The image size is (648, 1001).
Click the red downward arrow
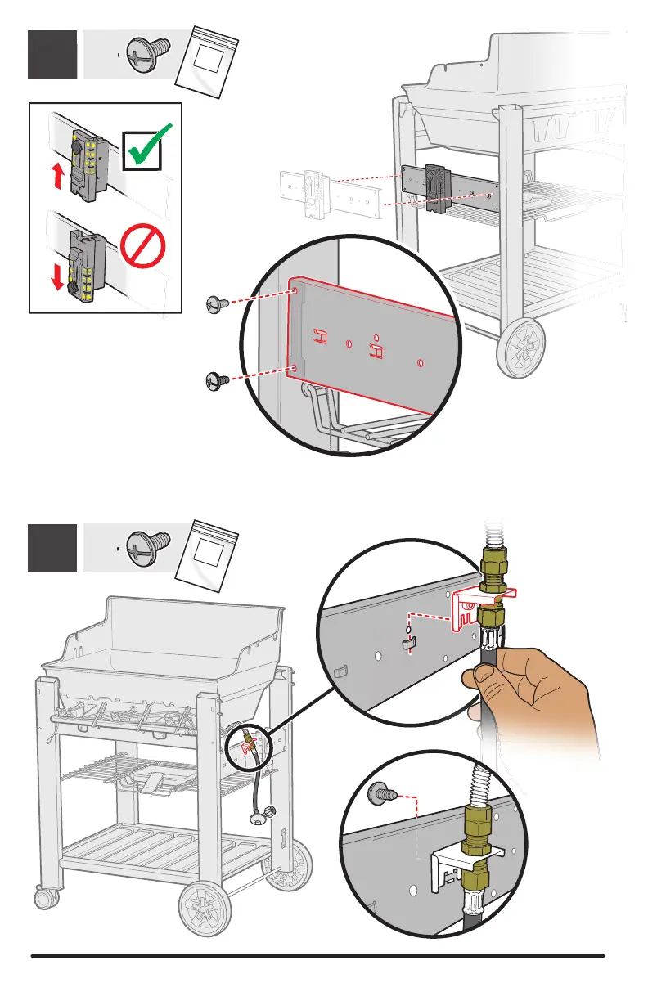[x=57, y=276]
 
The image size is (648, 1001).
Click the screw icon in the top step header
[x=146, y=52]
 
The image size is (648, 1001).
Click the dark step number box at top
[x=52, y=53]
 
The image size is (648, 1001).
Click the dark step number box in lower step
[x=52, y=548]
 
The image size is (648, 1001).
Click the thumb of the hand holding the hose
[x=484, y=676]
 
